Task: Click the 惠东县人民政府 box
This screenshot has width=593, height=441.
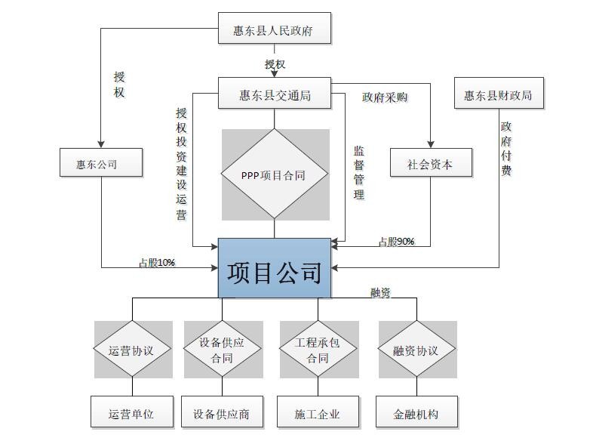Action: pyautogui.click(x=275, y=28)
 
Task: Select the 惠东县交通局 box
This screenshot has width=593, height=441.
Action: pyautogui.click(x=275, y=93)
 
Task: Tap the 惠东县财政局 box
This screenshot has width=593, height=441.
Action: pyautogui.click(x=499, y=93)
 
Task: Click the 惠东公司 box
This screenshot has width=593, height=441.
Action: pyautogui.click(x=101, y=162)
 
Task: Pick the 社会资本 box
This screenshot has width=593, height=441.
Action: pyautogui.click(x=431, y=162)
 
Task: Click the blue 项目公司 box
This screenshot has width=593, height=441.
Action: pyautogui.click(x=275, y=268)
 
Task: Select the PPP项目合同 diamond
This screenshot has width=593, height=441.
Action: pyautogui.click(x=275, y=174)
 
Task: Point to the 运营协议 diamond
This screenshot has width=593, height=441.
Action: pyautogui.click(x=132, y=349)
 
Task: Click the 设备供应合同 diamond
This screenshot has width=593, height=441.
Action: pyautogui.click(x=222, y=349)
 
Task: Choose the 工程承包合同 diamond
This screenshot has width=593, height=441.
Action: pyautogui.click(x=318, y=349)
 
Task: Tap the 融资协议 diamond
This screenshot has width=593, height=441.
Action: pyautogui.click(x=416, y=349)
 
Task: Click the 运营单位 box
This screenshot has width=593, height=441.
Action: pyautogui.click(x=132, y=412)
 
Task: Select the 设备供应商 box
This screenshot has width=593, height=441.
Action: pyautogui.click(x=222, y=412)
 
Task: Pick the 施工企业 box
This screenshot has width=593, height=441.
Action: pyautogui.click(x=318, y=412)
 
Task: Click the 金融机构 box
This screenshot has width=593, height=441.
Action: pyautogui.click(x=416, y=412)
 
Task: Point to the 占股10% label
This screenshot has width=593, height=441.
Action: pyautogui.click(x=157, y=262)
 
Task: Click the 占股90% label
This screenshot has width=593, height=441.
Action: pyautogui.click(x=397, y=241)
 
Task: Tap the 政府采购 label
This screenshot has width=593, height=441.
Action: pyautogui.click(x=385, y=97)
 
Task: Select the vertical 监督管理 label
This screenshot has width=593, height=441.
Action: pyautogui.click(x=359, y=172)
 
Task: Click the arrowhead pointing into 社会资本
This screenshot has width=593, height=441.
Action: pyautogui.click(x=430, y=144)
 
